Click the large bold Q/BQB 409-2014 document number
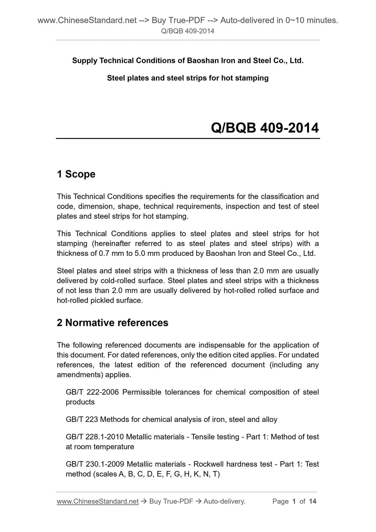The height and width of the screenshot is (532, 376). pyautogui.click(x=265, y=128)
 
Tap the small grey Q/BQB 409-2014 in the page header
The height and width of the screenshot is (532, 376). pyautogui.click(x=188, y=31)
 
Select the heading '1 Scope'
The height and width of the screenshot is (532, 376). pyautogui.click(x=76, y=174)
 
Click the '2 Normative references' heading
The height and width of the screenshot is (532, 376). pyautogui.click(x=112, y=323)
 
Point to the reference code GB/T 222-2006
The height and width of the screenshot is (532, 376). pyautogui.click(x=92, y=392)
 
